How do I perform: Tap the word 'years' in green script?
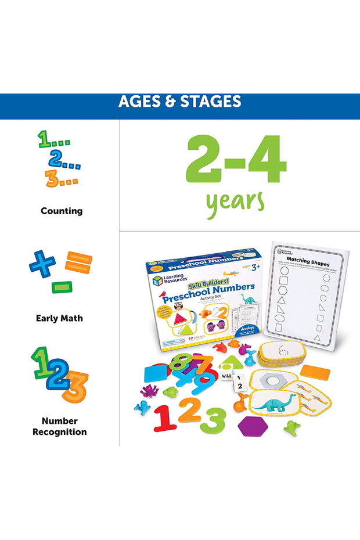pos(235,201)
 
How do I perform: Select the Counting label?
pos(62,211)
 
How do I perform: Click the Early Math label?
pos(59,318)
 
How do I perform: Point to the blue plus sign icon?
pos(42,264)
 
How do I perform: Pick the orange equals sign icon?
pos(78,262)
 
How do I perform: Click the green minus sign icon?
pos(60,287)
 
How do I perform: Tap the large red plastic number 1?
pos(165,418)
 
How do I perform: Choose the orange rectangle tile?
pos(315,372)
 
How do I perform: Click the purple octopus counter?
pos(150,390)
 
